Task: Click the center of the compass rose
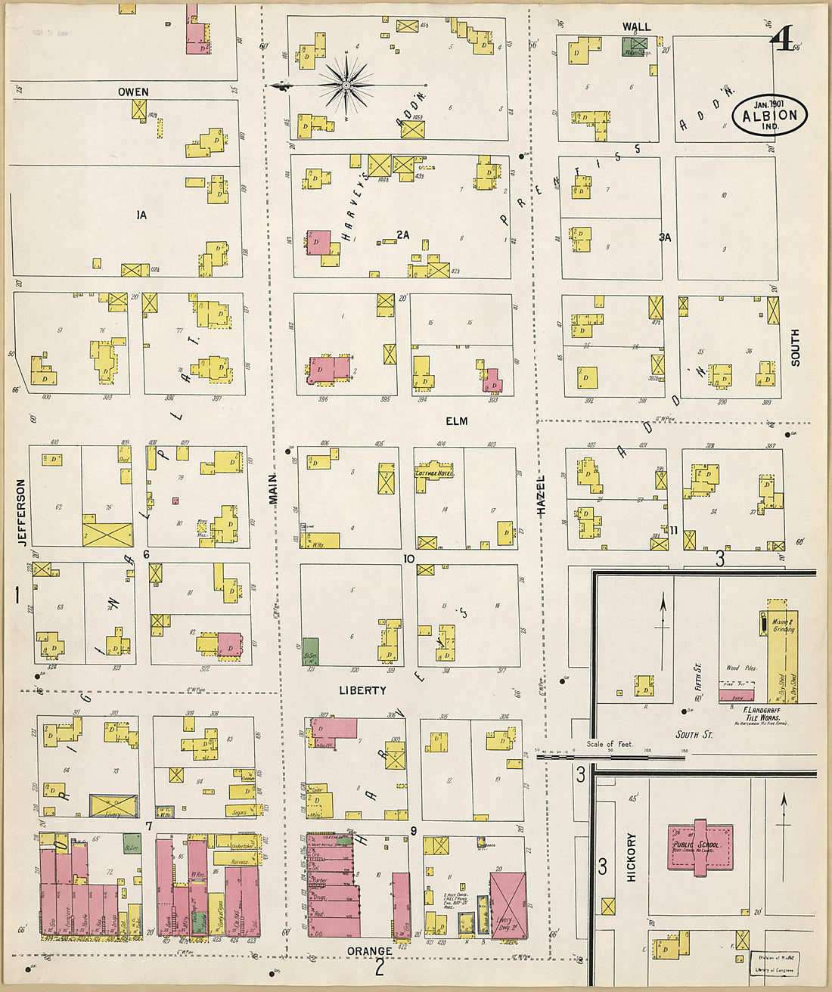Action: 346,85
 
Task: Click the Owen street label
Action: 133,91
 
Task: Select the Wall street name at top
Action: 636,26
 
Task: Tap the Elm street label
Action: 456,420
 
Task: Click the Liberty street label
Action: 362,690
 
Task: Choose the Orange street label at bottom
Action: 369,950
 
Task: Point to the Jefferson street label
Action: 21,512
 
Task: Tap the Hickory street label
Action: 632,857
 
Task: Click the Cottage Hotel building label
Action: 434,473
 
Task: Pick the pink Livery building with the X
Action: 508,905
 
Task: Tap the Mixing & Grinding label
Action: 783,625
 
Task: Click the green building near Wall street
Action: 635,46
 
